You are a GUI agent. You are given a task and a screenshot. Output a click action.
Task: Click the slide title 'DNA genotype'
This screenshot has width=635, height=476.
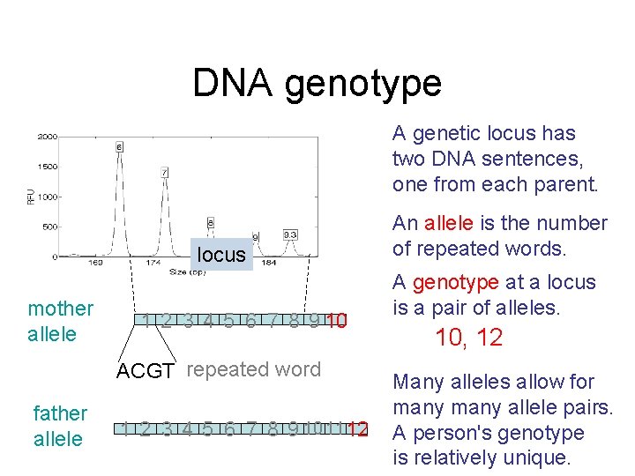pyautogui.click(x=317, y=84)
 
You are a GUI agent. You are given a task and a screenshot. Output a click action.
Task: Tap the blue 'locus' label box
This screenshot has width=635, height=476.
pyautogui.click(x=221, y=255)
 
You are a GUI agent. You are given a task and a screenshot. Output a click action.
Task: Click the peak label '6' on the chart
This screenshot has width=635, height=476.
pyautogui.click(x=119, y=145)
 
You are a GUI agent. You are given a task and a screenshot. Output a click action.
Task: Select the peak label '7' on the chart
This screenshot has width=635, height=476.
pyautogui.click(x=165, y=172)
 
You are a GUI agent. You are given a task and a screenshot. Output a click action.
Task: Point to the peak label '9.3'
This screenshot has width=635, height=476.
pyautogui.click(x=290, y=234)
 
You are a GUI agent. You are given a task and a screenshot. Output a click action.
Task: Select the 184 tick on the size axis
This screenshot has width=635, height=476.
pyautogui.click(x=269, y=263)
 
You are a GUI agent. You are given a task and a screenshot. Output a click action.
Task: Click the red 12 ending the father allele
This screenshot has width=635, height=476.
pyautogui.click(x=357, y=429)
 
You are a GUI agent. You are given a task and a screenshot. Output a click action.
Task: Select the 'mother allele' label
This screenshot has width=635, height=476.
pyautogui.click(x=60, y=321)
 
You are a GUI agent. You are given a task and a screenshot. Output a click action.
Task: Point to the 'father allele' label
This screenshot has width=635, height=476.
pyautogui.click(x=60, y=426)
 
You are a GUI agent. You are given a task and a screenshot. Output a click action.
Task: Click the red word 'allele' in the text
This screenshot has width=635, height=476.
pyautogui.click(x=450, y=223)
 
